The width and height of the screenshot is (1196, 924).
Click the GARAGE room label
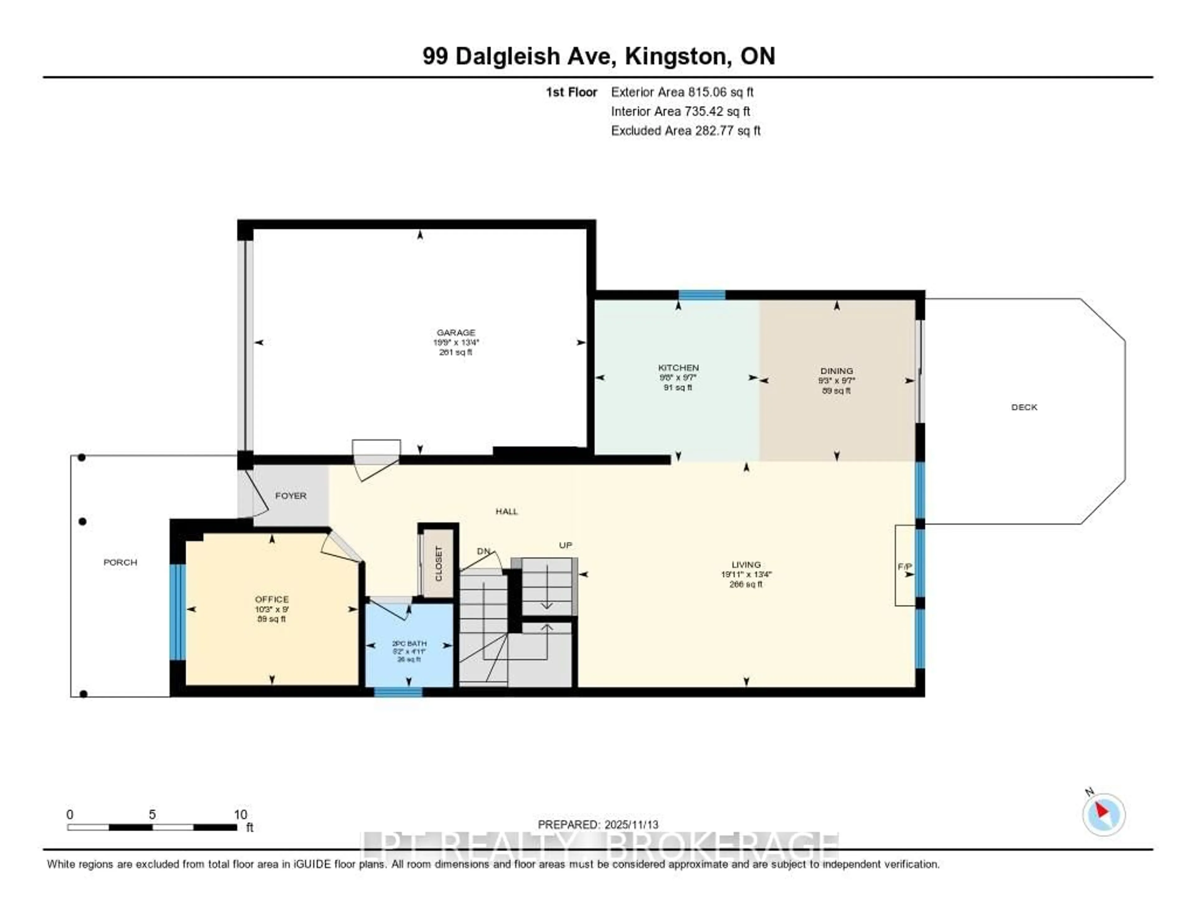(456, 332)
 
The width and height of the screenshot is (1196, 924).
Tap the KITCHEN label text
(678, 368)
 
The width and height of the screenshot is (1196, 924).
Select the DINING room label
(836, 371)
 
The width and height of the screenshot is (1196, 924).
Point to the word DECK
(1023, 407)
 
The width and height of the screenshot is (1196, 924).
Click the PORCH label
(120, 562)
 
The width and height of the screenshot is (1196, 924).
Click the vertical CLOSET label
(438, 564)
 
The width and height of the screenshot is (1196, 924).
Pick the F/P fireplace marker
(904, 566)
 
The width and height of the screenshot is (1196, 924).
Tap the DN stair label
(483, 551)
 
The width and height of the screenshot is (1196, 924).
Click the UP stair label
(565, 545)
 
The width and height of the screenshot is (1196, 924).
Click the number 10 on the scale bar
(240, 814)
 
